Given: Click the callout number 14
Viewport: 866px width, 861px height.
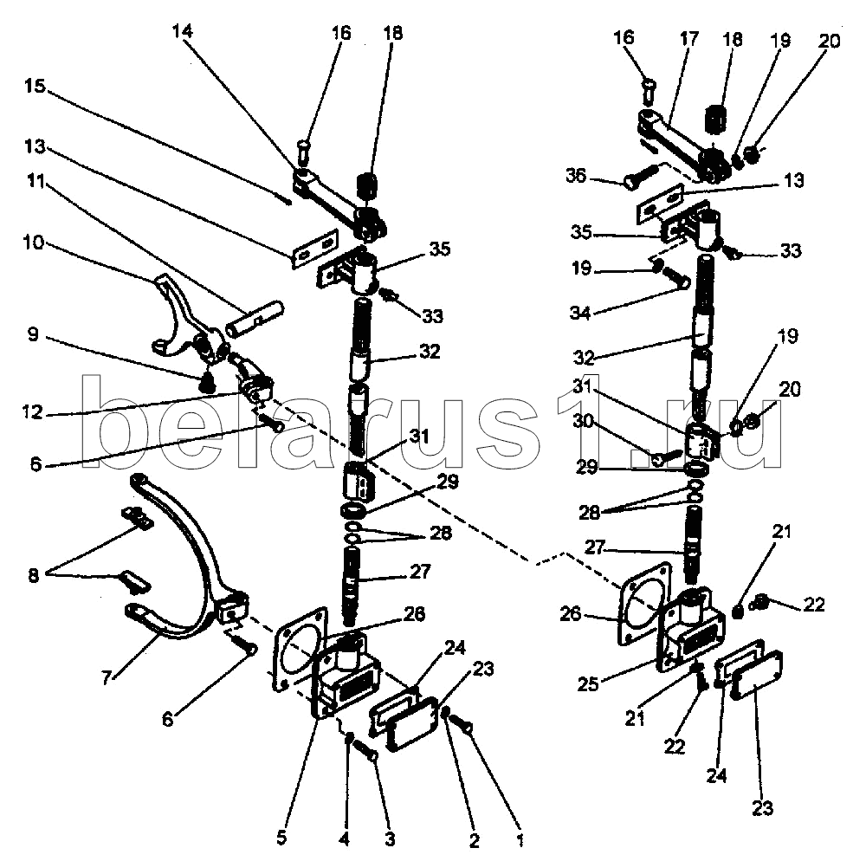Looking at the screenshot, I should pos(183,31).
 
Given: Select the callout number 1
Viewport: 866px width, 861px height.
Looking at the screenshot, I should pos(520,838).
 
